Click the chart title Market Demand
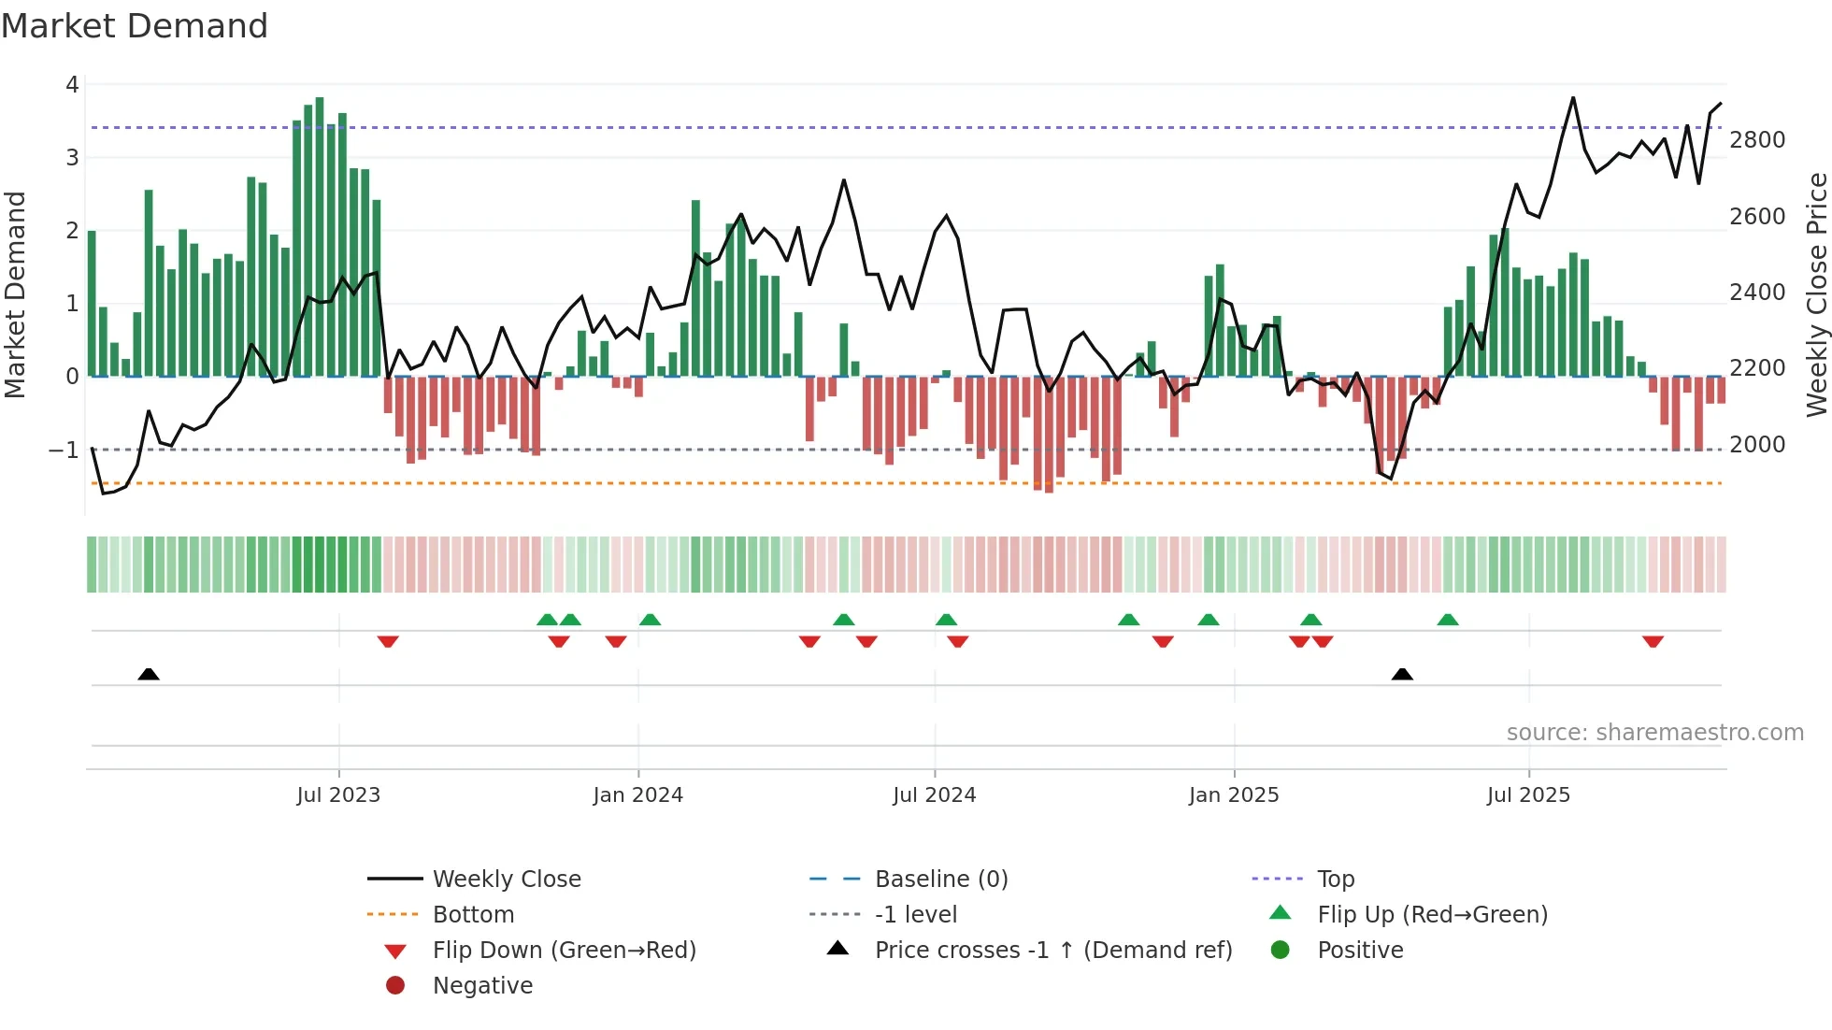point(135,26)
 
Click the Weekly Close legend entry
point(506,880)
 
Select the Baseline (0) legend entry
point(940,880)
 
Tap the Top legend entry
point(1335,880)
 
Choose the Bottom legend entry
point(473,915)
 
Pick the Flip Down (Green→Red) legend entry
point(564,951)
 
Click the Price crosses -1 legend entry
point(1052,951)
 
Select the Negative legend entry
point(482,986)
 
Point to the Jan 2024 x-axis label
point(637,795)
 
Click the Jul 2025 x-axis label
point(1528,795)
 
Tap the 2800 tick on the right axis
point(1757,140)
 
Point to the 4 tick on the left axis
point(72,85)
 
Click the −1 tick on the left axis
point(64,451)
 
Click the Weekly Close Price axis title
point(1816,294)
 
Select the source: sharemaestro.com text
point(1654,733)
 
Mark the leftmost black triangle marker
point(149,674)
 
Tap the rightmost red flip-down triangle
point(1653,641)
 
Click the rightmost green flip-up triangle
point(1448,620)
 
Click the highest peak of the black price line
point(1573,98)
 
